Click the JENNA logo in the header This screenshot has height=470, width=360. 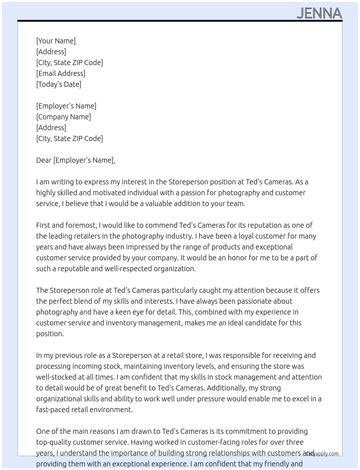(319, 13)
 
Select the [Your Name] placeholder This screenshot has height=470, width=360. (56, 41)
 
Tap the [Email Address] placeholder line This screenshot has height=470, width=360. (61, 73)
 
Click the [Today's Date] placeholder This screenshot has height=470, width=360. (59, 84)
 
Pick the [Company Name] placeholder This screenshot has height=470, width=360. (64, 117)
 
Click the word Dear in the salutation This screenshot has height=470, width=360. (44, 160)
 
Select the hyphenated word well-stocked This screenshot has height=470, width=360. (56, 377)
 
